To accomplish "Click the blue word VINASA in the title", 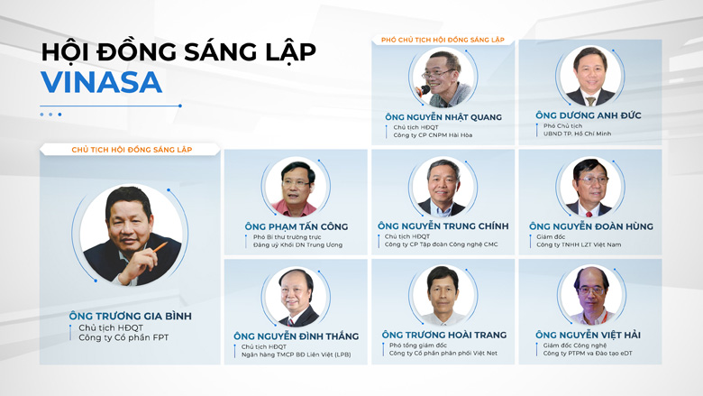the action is pos(101,82).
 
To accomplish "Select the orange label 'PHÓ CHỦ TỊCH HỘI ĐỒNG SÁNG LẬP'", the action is pos(443,40).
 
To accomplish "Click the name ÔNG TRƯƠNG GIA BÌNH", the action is pos(131,316).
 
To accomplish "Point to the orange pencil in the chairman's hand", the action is pos(160,247).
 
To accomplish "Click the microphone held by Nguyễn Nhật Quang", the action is pos(423,90).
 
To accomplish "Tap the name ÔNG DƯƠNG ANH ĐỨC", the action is pos(589,115).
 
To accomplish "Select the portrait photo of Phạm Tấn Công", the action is pos(296,187).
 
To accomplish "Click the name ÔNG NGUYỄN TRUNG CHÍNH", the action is pos(443,226).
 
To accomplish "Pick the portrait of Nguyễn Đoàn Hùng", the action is pos(590,187).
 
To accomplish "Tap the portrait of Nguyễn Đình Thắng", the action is pos(296,297).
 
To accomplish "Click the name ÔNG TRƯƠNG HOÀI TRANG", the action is pos(443,335).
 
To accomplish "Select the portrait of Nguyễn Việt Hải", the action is pos(592,295).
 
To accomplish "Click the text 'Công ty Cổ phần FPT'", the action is pos(123,337).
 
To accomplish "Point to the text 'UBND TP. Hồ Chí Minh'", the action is pos(577,134).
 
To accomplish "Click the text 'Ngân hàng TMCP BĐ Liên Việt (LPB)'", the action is pos(296,355).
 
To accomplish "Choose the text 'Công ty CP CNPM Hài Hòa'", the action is pos(433,135).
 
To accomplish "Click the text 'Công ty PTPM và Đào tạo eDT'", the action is pos(588,354).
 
